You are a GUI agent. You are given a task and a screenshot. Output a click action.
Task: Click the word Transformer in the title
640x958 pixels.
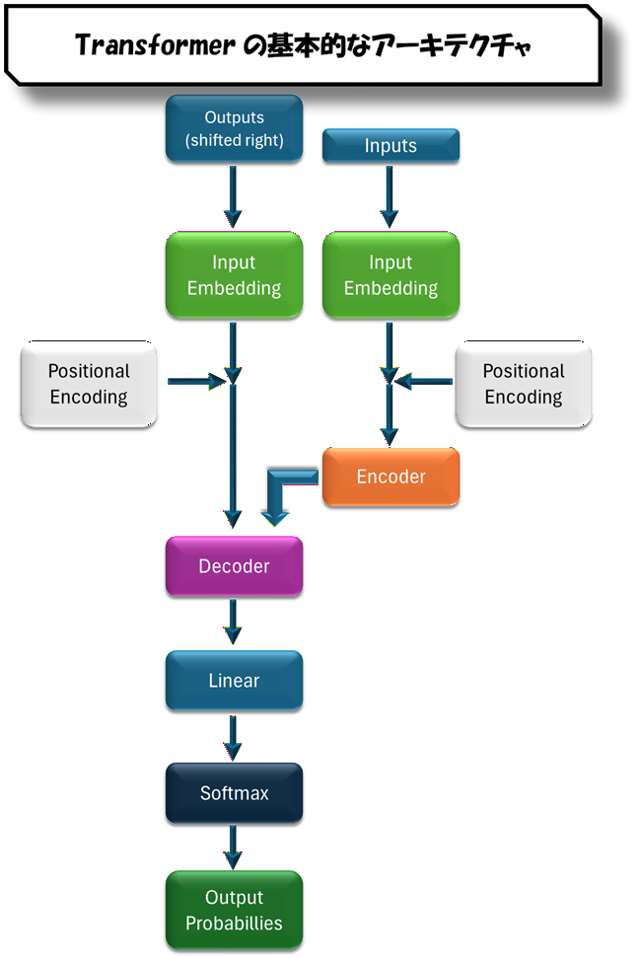(x=155, y=45)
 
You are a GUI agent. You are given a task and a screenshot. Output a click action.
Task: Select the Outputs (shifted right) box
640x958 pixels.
(x=234, y=127)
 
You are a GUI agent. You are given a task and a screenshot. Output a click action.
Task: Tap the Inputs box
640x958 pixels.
(x=391, y=146)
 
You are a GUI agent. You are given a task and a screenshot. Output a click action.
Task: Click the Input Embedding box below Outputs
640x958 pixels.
(x=234, y=275)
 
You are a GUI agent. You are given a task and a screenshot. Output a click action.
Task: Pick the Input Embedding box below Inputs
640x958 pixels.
(x=391, y=275)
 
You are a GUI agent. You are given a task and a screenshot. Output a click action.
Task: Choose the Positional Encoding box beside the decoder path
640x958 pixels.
(x=89, y=384)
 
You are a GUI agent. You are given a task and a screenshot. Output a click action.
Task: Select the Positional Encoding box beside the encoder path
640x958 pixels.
(x=523, y=384)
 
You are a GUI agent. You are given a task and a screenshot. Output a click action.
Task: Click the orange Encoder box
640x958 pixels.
(x=391, y=477)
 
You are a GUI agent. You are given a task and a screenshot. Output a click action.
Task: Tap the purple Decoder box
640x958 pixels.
(x=234, y=566)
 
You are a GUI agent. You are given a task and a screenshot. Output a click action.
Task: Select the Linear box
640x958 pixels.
(x=234, y=681)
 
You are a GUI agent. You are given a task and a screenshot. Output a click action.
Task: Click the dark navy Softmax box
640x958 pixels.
(x=234, y=793)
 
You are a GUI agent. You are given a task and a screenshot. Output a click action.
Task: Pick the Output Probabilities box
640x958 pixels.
(x=234, y=911)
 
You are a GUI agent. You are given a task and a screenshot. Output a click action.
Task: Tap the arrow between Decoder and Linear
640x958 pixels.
(x=233, y=623)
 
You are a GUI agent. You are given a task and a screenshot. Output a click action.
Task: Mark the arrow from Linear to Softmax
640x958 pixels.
(x=233, y=736)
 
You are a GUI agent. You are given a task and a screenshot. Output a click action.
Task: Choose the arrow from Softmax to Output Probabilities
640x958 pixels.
(x=233, y=848)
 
